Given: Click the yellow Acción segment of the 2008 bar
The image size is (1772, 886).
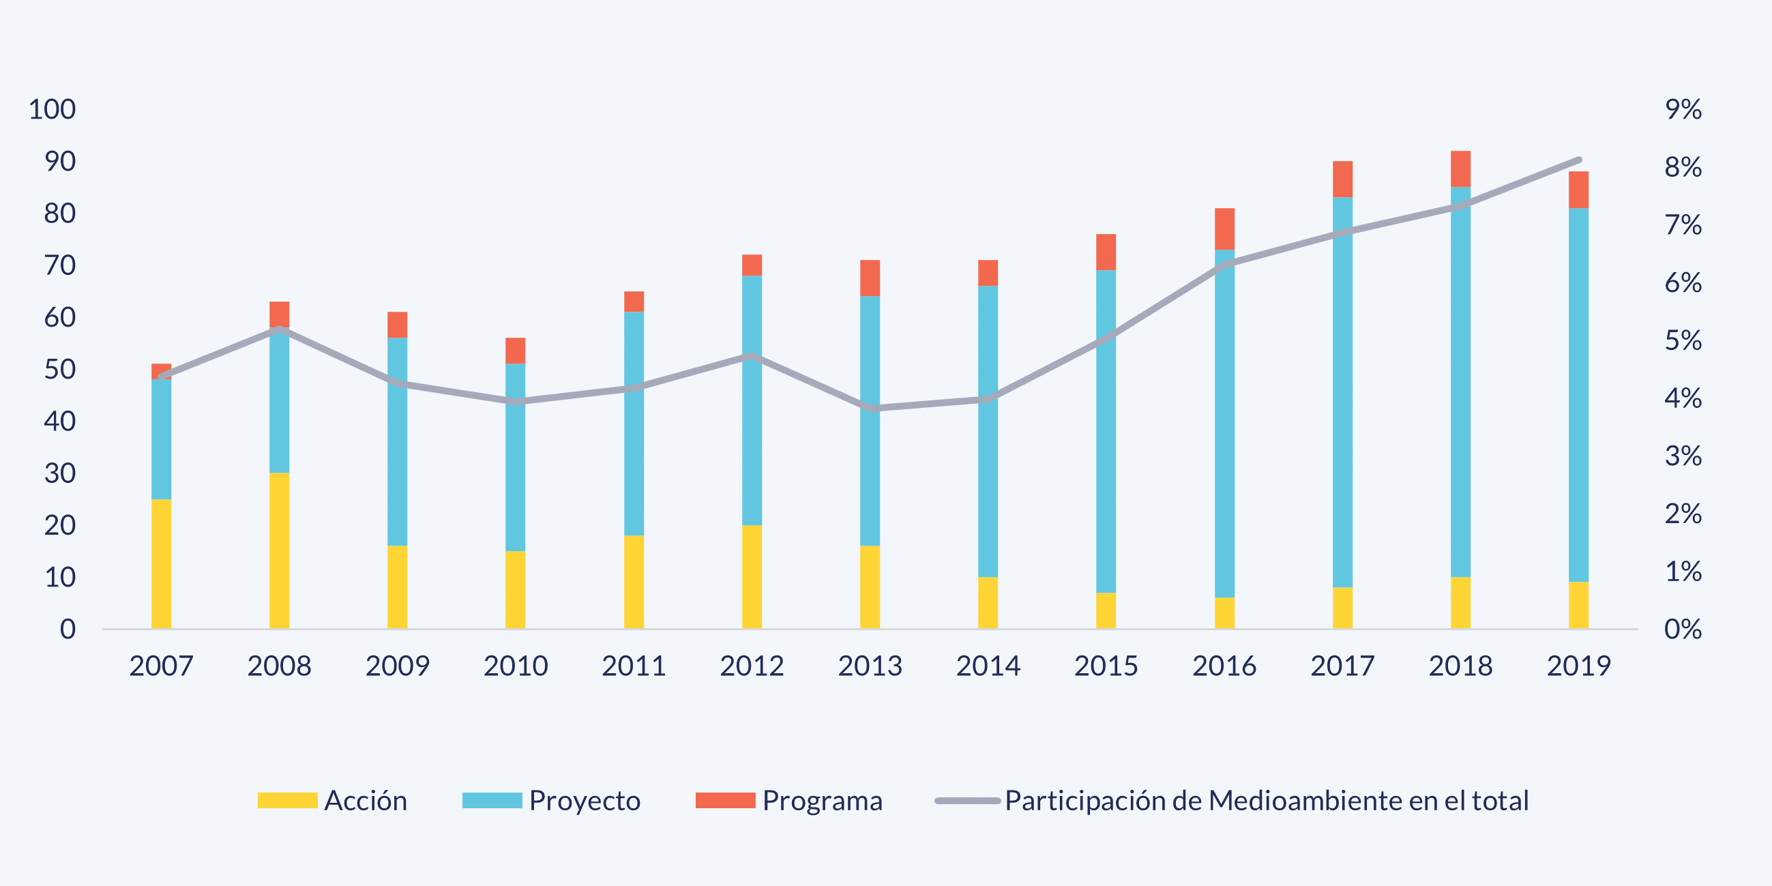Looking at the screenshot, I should point(278,550).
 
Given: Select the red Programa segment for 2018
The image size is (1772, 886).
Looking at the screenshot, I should point(1460,168).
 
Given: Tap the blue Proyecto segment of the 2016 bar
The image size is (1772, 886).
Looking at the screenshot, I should point(1224,423).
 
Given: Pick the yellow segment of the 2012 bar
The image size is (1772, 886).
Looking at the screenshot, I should point(752,576).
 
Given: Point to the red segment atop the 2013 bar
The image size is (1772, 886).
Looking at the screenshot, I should point(870,278).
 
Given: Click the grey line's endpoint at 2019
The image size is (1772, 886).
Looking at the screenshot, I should point(1579,160).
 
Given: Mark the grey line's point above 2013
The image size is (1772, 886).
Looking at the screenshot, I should point(871,408).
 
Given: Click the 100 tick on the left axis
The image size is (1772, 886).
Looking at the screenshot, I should point(53,109).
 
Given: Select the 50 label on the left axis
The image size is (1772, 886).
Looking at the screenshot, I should point(60,370).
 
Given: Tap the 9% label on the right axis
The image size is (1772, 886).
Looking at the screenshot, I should point(1683,109).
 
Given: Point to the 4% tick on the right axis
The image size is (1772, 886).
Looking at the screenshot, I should point(1683,398).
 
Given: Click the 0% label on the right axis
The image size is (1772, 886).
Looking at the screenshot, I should point(1683,629).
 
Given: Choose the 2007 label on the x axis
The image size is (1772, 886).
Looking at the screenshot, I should point(161,666).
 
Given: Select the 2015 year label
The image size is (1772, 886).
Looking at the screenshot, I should point(1106,666).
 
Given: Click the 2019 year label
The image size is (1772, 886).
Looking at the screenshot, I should point(1579,666).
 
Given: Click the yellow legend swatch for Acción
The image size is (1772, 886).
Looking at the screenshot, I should point(287,801).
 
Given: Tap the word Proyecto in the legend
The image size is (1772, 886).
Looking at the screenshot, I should point(585,801).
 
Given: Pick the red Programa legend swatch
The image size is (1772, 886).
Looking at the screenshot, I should point(725,801).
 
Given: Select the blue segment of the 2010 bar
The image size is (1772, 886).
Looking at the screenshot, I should point(515,458).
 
